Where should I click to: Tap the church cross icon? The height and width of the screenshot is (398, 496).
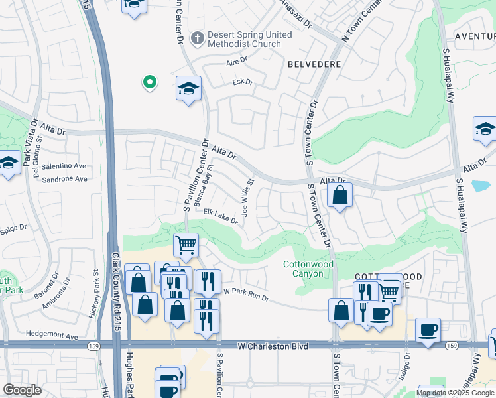(x=196, y=38)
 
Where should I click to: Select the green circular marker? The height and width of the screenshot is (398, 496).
(x=150, y=82)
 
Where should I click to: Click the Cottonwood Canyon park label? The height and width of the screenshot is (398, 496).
(x=308, y=268)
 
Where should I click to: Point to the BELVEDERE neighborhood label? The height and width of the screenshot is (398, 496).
(x=314, y=64)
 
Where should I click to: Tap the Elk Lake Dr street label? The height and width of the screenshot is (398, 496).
(x=220, y=216)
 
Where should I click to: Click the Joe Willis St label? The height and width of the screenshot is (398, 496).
(x=247, y=197)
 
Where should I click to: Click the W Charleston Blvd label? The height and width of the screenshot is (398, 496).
(x=273, y=346)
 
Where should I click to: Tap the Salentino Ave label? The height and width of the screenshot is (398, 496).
(x=64, y=166)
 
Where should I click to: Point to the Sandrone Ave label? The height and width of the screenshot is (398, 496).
(x=64, y=179)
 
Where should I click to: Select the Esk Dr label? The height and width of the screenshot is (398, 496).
(x=243, y=82)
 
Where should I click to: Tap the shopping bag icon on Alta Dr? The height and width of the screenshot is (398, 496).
(x=340, y=195)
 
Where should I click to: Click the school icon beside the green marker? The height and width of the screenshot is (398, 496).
(x=188, y=88)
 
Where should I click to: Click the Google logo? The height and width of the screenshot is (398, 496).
(x=22, y=390)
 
